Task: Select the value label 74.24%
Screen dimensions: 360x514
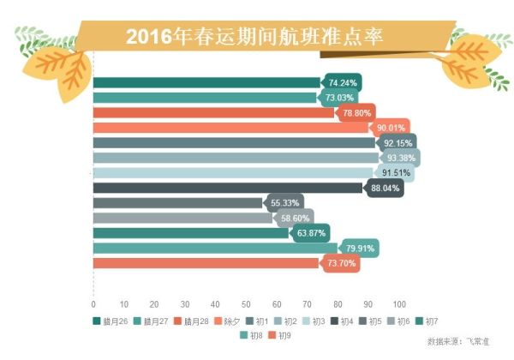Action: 342,82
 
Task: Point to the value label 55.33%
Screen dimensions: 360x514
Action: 284,203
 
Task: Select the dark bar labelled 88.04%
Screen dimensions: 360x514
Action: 227,188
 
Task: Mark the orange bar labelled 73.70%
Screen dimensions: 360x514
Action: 206,263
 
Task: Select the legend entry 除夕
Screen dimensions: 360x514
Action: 229,321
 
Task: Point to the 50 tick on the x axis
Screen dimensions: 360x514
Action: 246,304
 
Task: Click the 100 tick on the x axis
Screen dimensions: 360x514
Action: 398,304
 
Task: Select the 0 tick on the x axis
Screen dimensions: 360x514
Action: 93,304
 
